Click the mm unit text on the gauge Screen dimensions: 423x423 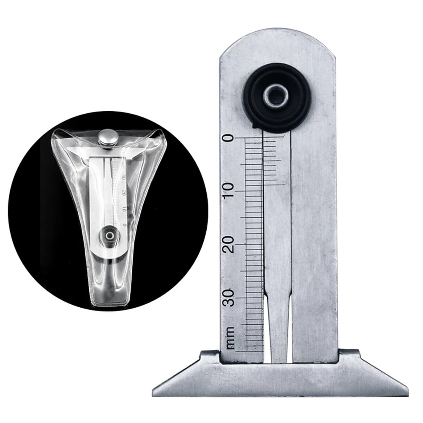click(x=229, y=338)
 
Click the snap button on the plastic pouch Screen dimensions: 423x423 click(x=108, y=138)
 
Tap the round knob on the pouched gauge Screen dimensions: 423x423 click(x=111, y=235)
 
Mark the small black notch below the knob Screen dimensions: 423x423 click(x=255, y=126)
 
